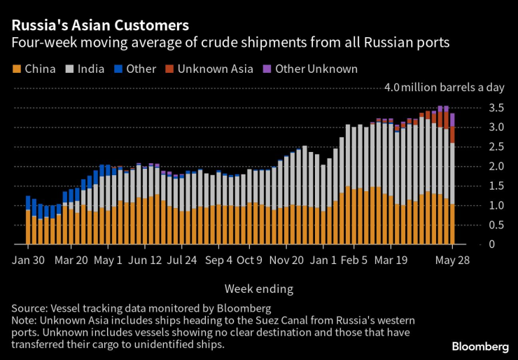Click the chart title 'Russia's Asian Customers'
tap(99, 26)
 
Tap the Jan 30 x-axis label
tap(28, 259)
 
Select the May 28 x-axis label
tap(452, 259)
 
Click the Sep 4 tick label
tap(220, 259)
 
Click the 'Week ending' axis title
tap(259, 289)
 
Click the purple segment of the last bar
tap(452, 120)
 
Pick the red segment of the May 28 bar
tap(452, 134)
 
